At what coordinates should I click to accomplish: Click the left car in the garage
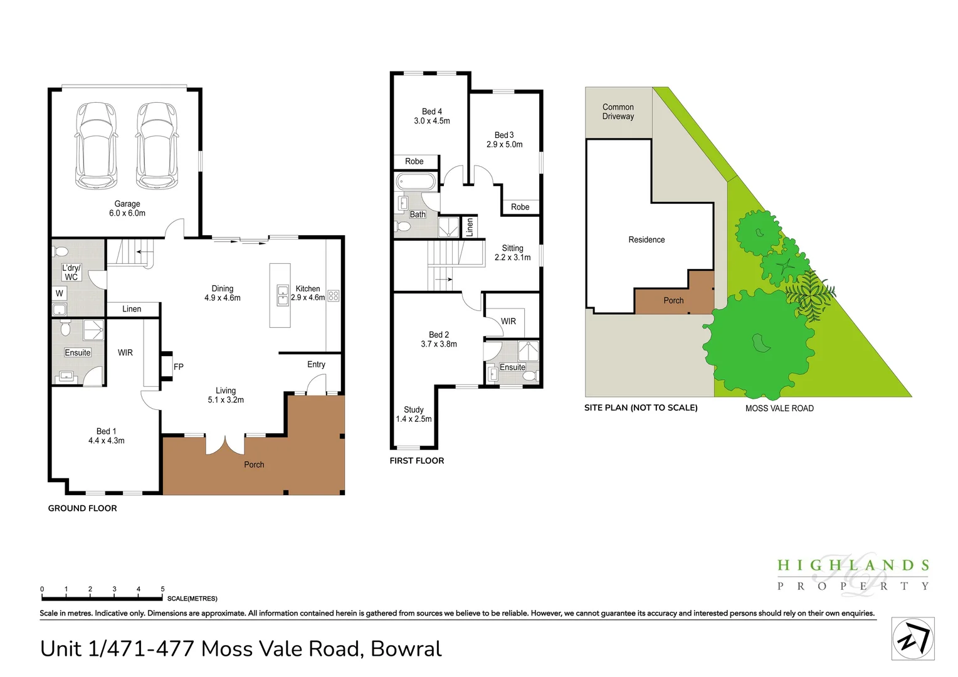point(96,145)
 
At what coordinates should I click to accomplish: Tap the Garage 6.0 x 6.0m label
point(127,209)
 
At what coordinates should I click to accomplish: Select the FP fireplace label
point(179,367)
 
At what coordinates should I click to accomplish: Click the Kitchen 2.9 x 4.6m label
point(308,293)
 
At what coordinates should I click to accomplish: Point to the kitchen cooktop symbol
point(334,297)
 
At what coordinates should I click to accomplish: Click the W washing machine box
point(60,293)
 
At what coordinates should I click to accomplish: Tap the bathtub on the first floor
point(416,182)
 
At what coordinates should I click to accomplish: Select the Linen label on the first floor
point(470,227)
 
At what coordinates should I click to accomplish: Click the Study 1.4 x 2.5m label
point(414,414)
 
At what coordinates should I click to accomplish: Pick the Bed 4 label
point(432,116)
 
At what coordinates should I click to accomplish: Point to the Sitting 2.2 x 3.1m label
point(512,253)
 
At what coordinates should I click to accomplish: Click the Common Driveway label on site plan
point(618,112)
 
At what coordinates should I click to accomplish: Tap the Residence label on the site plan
point(646,239)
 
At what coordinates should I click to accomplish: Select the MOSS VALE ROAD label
point(779,408)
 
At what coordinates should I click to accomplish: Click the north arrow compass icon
point(913,639)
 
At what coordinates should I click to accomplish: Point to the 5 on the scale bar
point(162,589)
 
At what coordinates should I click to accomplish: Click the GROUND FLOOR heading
point(83,508)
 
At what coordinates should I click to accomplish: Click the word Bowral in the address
point(406,649)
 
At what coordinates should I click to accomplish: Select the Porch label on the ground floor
point(254,464)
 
